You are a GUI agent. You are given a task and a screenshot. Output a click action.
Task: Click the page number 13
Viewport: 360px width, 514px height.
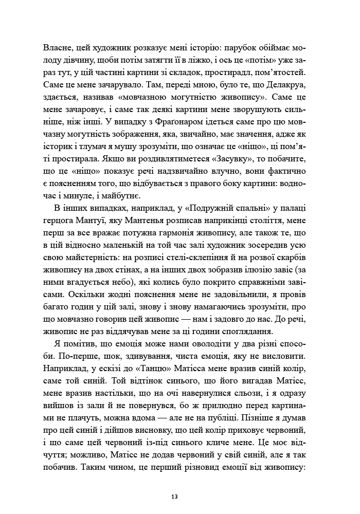coord(175,497)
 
